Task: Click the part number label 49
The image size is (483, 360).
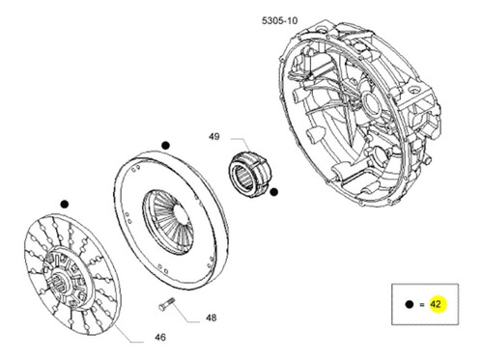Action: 214,136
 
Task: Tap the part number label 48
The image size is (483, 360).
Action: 212,318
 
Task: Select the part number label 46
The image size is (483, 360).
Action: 160,337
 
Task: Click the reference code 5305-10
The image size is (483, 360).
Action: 280,21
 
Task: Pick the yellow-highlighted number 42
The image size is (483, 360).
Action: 435,304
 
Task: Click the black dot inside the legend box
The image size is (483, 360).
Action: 410,304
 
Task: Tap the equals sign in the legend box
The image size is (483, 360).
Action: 422,304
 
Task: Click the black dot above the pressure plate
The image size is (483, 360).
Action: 165,146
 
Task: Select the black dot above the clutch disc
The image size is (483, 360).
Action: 65,204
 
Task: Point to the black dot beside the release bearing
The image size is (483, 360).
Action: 273,192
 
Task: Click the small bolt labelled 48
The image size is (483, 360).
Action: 166,304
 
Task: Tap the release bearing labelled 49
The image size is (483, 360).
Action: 250,174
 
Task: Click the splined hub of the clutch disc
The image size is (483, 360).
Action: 60,282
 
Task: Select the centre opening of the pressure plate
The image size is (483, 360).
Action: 181,213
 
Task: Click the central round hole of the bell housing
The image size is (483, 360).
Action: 371,103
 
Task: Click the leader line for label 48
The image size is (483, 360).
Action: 186,312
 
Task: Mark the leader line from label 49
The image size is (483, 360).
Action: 242,146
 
